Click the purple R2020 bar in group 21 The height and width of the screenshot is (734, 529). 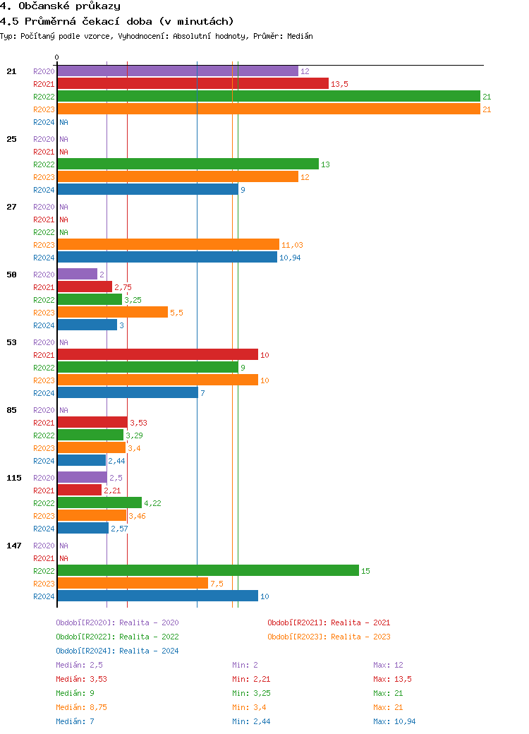pyautogui.click(x=177, y=71)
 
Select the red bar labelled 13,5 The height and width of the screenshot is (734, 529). pyautogui.click(x=193, y=84)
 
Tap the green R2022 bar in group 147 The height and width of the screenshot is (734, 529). pyautogui.click(x=208, y=570)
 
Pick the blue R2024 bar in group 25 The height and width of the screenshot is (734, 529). pyautogui.click(x=147, y=189)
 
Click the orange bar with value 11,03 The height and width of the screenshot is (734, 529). pyautogui.click(x=168, y=244)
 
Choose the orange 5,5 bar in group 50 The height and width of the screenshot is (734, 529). pyautogui.click(x=112, y=312)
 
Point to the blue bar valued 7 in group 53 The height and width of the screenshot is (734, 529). pyautogui.click(x=127, y=392)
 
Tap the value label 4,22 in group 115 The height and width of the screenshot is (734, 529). pyautogui.click(x=152, y=503)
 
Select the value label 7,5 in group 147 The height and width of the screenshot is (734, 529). pyautogui.click(x=217, y=584)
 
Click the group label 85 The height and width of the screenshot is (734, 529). pyautogui.click(x=11, y=410)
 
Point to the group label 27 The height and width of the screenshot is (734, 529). pyautogui.click(x=11, y=207)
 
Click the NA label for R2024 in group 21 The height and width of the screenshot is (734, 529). pyautogui.click(x=63, y=122)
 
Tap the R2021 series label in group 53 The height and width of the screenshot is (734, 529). pyautogui.click(x=44, y=355)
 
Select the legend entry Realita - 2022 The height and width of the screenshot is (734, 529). pyautogui.click(x=117, y=637)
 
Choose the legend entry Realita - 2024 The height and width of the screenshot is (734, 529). pyautogui.click(x=117, y=651)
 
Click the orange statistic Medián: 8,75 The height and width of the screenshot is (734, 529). pyautogui.click(x=81, y=707)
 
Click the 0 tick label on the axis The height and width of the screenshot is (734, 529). pyautogui.click(x=57, y=57)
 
